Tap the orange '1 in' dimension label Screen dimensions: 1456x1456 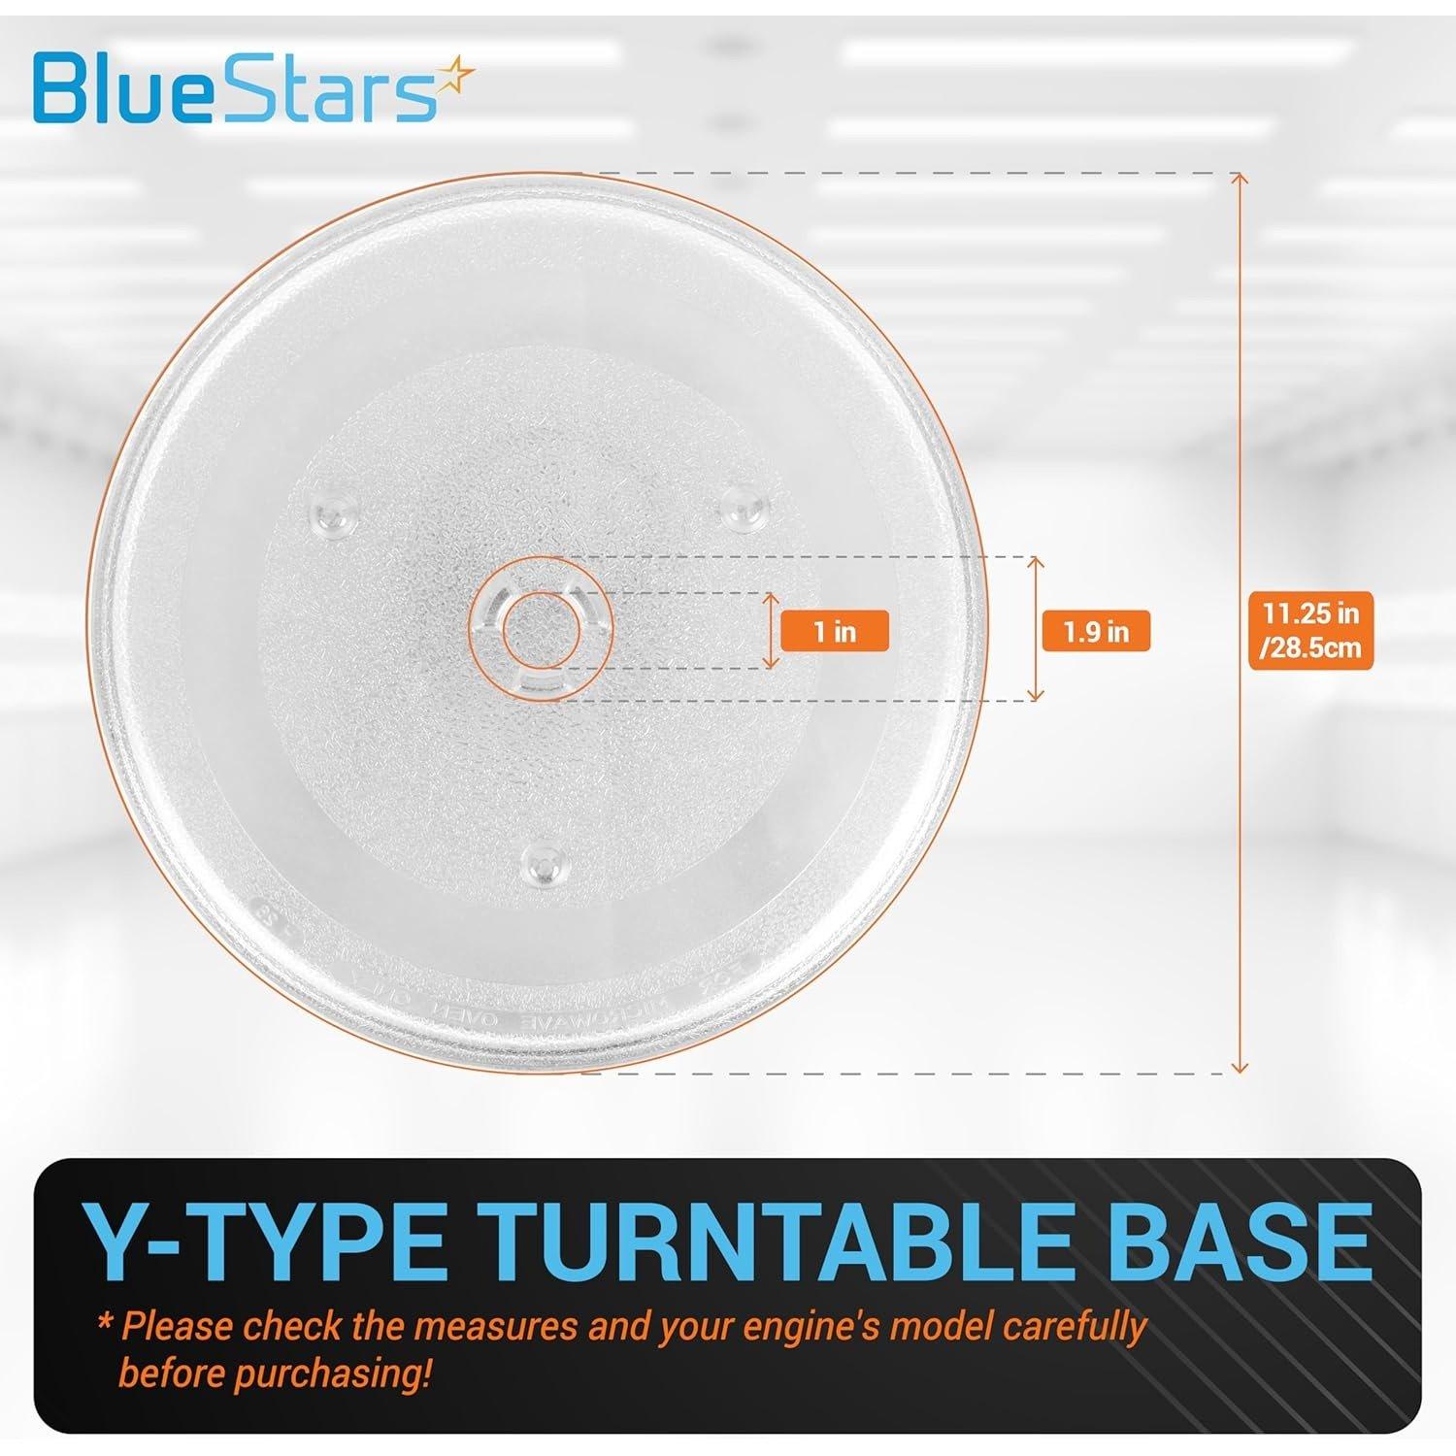(x=834, y=632)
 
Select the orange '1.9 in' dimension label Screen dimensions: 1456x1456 (x=1095, y=632)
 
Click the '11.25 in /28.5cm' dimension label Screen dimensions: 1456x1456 (x=1310, y=631)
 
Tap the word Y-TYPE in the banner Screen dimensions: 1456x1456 (x=264, y=1243)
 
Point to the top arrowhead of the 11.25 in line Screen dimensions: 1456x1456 (x=1238, y=178)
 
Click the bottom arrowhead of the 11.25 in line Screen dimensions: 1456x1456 (x=1238, y=1068)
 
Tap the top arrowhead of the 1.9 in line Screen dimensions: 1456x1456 (x=1037, y=563)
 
